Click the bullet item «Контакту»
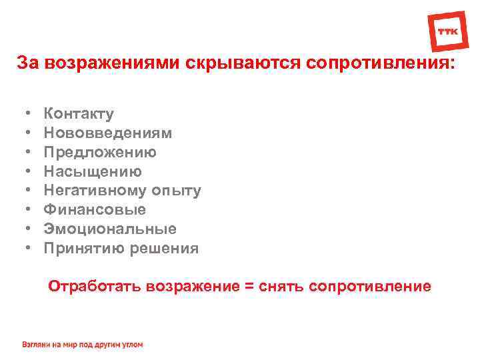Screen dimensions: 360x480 coord(79,114)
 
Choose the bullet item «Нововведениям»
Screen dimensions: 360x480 coord(108,133)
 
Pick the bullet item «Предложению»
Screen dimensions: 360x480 coord(100,153)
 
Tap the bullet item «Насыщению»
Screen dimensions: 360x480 coord(93,171)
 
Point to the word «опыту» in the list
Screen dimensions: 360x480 coord(176,191)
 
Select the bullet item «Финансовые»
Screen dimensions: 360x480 coord(95,210)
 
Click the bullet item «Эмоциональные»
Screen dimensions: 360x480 coord(110,229)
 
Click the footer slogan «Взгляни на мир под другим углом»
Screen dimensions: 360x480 coord(83,345)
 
